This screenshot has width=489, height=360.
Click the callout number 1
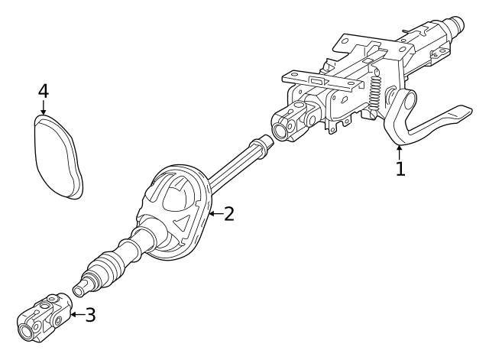click(x=400, y=167)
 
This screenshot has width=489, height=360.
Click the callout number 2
click(x=228, y=214)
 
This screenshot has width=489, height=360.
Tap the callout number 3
click(x=90, y=314)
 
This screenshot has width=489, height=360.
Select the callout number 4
click(x=44, y=91)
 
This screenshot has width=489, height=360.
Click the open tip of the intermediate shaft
click(x=80, y=290)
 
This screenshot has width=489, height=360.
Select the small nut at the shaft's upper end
click(x=264, y=142)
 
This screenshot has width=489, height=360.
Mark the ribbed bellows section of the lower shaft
click(x=107, y=267)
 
